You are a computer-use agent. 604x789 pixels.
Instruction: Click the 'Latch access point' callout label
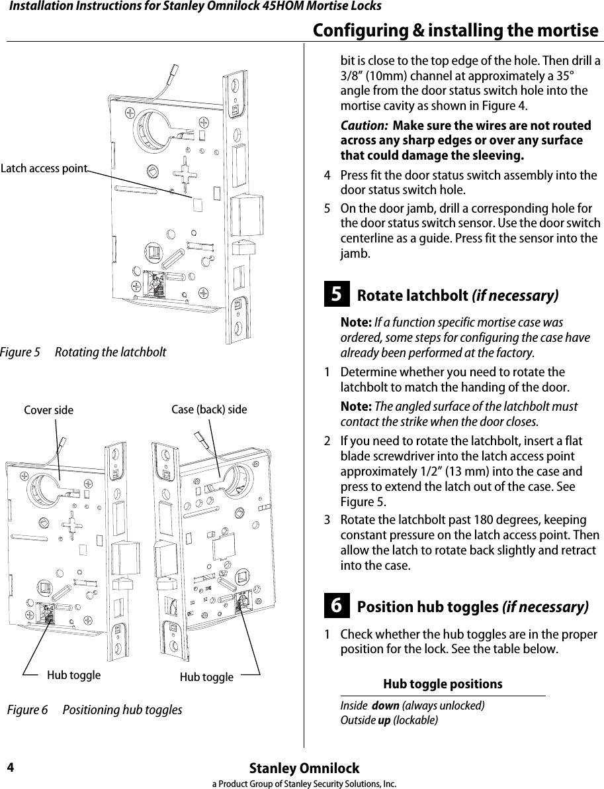(44, 168)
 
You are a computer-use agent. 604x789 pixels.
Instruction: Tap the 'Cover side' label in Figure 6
(48, 410)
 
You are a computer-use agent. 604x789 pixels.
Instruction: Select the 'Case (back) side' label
(209, 409)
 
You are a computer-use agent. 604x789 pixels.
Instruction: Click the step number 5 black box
(337, 294)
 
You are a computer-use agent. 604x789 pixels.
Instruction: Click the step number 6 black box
(337, 606)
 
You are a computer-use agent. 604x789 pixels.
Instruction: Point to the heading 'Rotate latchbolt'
(412, 295)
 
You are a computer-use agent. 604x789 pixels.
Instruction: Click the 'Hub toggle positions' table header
(443, 684)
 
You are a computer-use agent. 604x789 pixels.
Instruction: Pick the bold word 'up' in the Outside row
(383, 720)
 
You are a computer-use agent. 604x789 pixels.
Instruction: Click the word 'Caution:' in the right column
(364, 126)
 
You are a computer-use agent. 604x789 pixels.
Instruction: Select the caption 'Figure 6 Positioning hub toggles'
(95, 710)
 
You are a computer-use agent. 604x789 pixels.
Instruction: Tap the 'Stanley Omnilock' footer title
(304, 768)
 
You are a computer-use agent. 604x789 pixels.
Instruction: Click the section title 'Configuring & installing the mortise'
(455, 30)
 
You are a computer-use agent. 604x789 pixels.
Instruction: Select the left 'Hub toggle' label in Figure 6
(73, 675)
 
